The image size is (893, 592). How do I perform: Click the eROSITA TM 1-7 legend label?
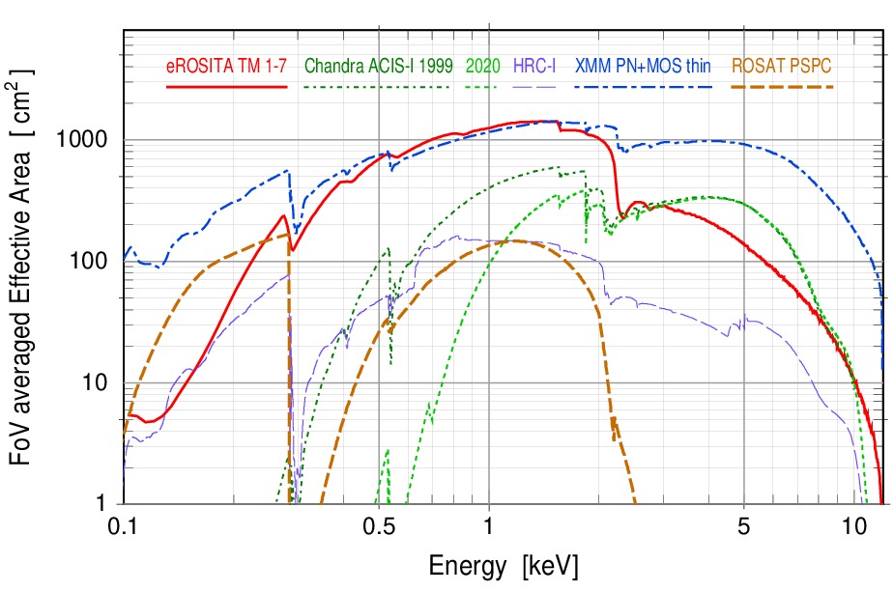click(226, 67)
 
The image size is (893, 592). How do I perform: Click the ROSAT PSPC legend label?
click(782, 67)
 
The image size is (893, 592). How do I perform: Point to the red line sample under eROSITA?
click(226, 86)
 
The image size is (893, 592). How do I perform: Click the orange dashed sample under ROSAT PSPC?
click(782, 86)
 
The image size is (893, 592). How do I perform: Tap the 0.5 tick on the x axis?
click(379, 527)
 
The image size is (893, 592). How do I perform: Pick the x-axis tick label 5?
click(743, 527)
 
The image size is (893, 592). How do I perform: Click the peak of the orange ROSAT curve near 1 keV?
click(512, 240)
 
